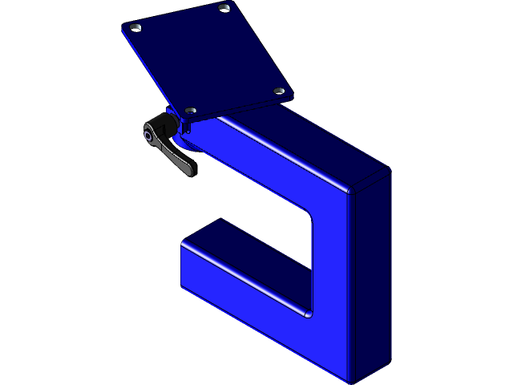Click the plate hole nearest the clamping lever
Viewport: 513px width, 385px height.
click(x=190, y=110)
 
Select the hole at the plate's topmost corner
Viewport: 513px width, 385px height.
click(x=224, y=8)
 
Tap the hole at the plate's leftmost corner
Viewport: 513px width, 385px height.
click(x=136, y=27)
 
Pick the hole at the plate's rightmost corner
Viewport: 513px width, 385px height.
click(x=279, y=91)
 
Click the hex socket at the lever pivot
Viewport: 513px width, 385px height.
click(x=150, y=135)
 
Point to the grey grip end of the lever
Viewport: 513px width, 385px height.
click(x=187, y=168)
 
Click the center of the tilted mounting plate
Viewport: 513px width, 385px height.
click(x=208, y=59)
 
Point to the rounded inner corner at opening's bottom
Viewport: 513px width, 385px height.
click(x=305, y=312)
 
